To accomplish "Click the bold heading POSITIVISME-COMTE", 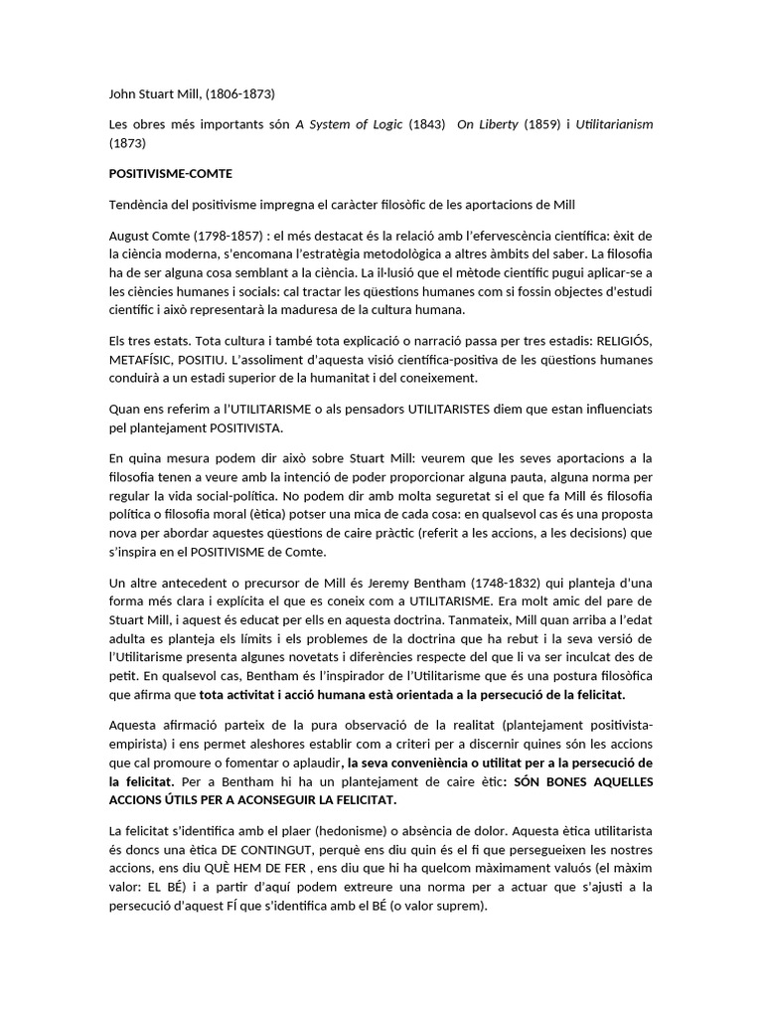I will (x=170, y=173).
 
